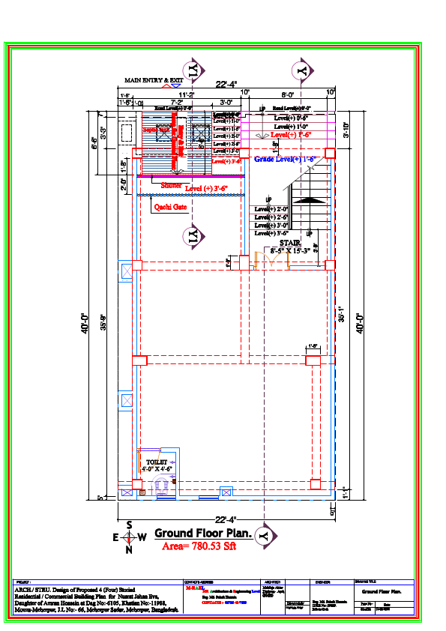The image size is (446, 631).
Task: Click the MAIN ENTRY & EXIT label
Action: tap(154, 79)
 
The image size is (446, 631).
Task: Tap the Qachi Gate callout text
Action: tap(170, 207)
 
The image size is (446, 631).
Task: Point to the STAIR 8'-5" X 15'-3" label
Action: tap(290, 247)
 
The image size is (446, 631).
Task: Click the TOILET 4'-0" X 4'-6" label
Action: tap(157, 465)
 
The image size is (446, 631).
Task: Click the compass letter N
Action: tap(129, 549)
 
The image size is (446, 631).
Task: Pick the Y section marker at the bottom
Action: tap(263, 536)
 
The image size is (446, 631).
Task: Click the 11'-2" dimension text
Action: tap(185, 94)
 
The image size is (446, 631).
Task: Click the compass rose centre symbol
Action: tap(129, 537)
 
